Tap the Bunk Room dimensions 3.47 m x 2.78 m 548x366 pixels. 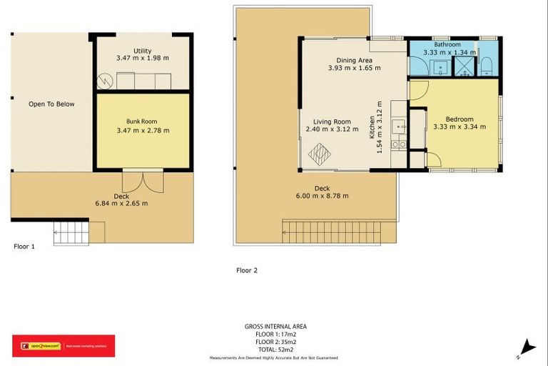pyautogui.click(x=143, y=131)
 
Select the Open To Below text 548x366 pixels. pyautogui.click(x=51, y=104)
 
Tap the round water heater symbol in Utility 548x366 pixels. pyautogui.click(x=105, y=81)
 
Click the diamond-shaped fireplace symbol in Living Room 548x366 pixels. pyautogui.click(x=320, y=153)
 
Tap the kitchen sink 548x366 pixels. pyautogui.click(x=400, y=128)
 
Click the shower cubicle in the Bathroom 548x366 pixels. pyautogui.click(x=465, y=67)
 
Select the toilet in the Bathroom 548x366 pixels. pyautogui.click(x=487, y=66)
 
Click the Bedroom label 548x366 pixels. pyautogui.click(x=459, y=119)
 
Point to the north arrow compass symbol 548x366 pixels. pyautogui.click(x=527, y=348)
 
